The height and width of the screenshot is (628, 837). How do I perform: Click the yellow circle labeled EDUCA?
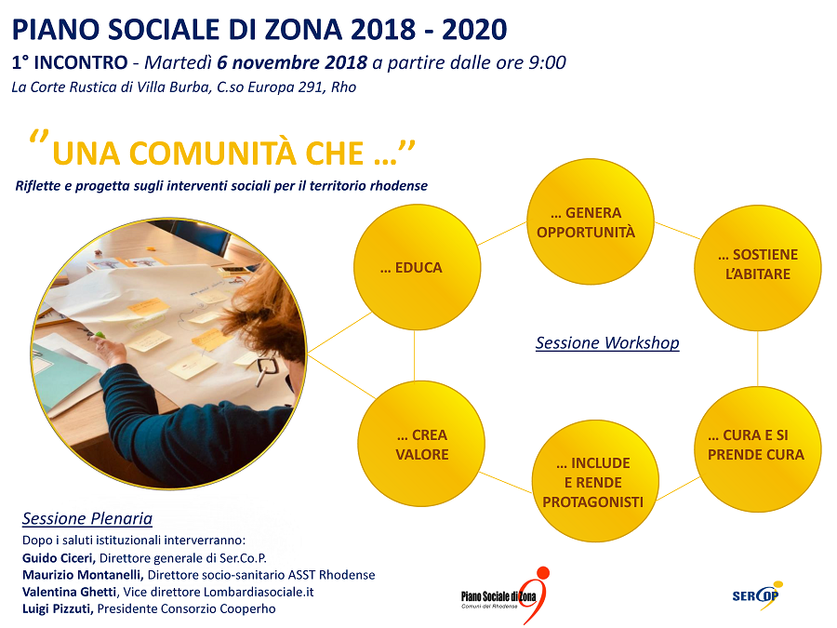(x=417, y=267)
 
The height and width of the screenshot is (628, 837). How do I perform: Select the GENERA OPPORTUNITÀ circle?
(x=591, y=221)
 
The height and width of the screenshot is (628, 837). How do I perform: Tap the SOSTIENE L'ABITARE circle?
(x=757, y=268)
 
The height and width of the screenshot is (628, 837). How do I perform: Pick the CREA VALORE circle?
(x=421, y=444)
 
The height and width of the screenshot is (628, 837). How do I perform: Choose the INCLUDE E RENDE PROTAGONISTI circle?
(x=595, y=481)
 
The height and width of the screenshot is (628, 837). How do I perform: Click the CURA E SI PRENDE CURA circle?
(x=757, y=449)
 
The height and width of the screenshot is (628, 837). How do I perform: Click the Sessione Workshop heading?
(x=607, y=342)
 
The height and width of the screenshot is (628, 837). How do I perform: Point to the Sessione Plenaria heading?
(x=87, y=518)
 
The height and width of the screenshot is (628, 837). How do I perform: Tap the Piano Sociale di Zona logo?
(x=505, y=595)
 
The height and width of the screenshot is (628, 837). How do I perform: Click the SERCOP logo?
(x=757, y=595)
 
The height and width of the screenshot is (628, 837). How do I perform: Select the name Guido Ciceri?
(x=59, y=558)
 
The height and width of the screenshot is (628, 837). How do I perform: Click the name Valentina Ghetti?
(x=70, y=592)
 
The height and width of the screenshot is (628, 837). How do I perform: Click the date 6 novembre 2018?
(x=292, y=62)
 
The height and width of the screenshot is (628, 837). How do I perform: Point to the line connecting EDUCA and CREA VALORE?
(x=415, y=355)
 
